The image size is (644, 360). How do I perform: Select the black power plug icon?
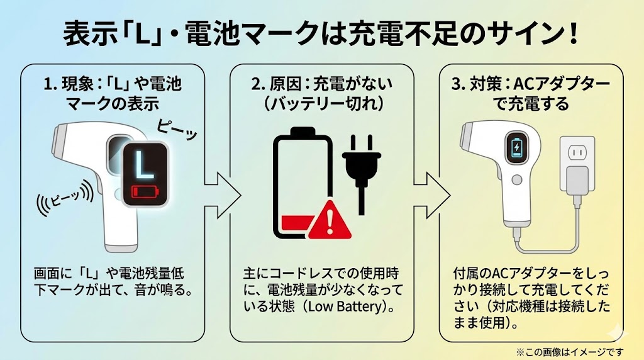coord(358,170)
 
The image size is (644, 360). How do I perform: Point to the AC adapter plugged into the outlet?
coord(576,182)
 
